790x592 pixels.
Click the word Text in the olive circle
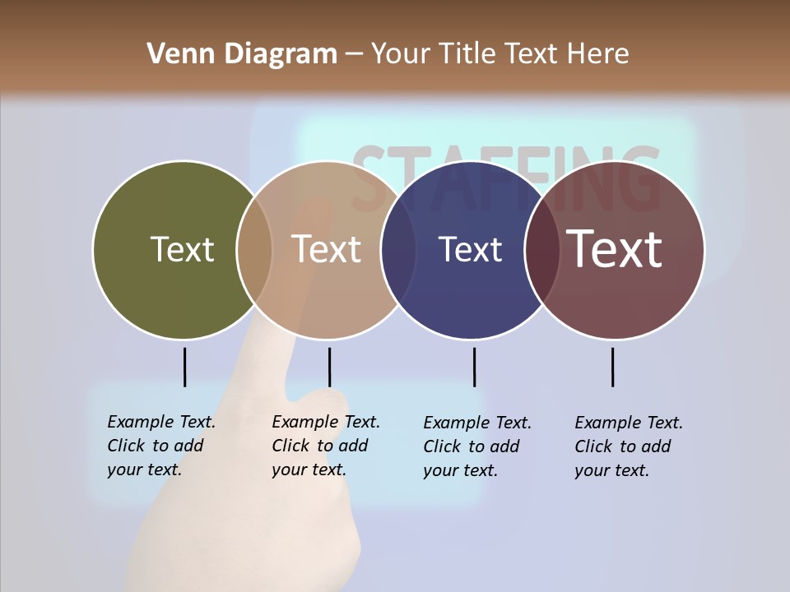[182, 249]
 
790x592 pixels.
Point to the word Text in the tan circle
[327, 249]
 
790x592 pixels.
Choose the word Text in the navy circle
[470, 249]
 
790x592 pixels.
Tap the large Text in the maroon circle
[614, 248]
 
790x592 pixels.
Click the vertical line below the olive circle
[184, 367]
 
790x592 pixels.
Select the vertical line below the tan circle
[329, 367]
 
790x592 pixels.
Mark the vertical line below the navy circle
[474, 367]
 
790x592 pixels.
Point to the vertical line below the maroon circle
[612, 367]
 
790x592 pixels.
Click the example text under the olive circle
[161, 446]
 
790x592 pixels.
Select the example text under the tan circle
[326, 446]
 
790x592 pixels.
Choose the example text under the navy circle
[477, 446]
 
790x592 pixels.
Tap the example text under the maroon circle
[629, 446]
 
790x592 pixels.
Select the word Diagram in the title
[281, 54]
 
